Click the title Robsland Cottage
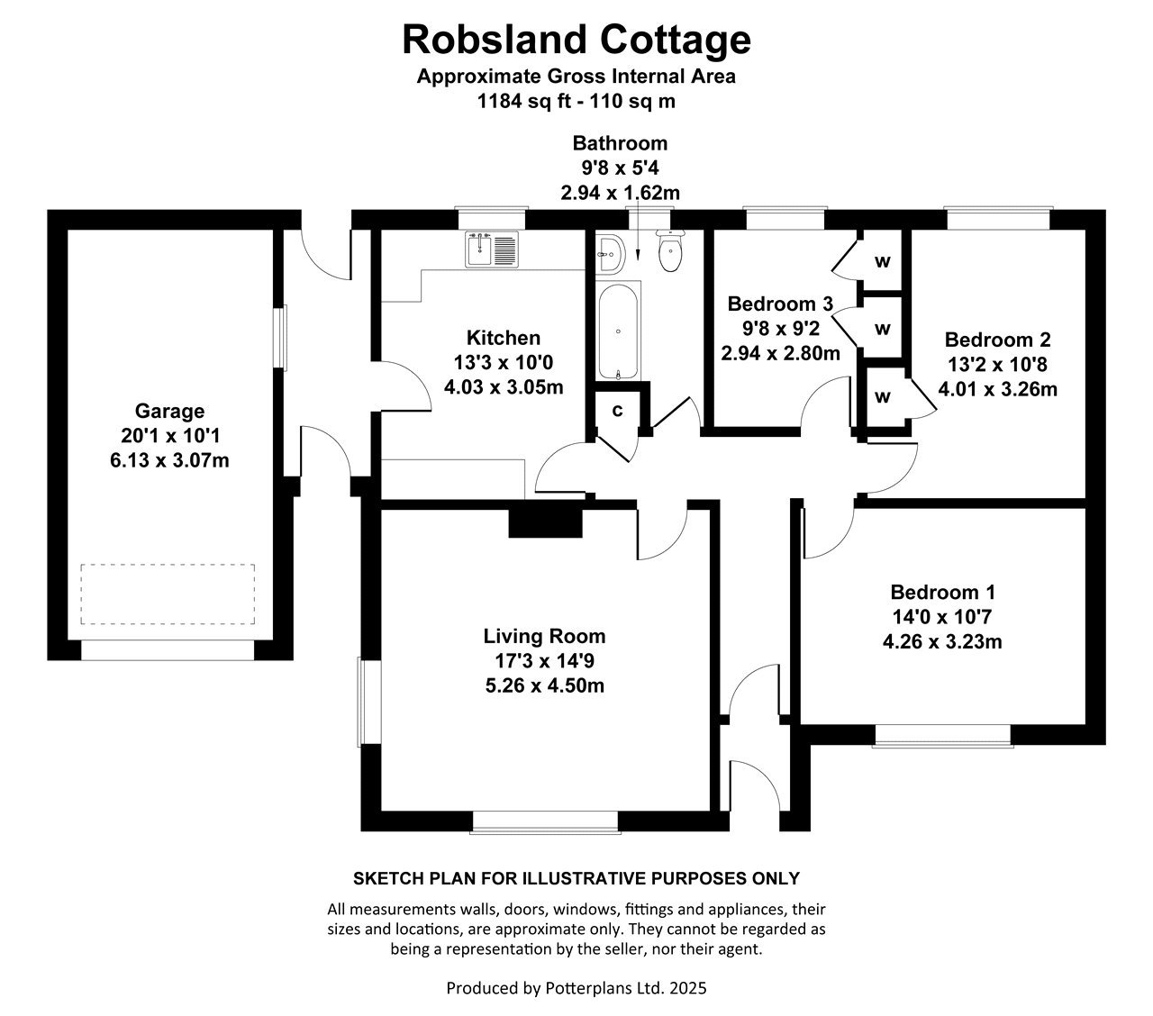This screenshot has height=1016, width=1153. click(576, 40)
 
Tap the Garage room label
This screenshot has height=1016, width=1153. click(169, 412)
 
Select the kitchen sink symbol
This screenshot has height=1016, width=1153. click(492, 249)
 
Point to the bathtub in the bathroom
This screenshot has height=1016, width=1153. click(619, 331)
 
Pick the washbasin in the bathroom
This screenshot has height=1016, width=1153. click(610, 255)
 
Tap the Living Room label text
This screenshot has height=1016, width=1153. click(543, 637)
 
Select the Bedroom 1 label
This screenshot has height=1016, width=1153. click(942, 593)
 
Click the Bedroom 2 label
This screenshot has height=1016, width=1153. click(997, 340)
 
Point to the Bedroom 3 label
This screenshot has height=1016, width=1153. click(780, 304)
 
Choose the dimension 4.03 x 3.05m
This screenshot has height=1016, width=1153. click(504, 388)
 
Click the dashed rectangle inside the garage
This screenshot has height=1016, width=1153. click(168, 594)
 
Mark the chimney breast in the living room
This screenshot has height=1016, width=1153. click(545, 523)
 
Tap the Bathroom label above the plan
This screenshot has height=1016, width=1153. click(620, 143)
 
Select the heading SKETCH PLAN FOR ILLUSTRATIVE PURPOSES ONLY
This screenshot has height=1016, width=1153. click(576, 878)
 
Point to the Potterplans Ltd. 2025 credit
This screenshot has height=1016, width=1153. click(576, 988)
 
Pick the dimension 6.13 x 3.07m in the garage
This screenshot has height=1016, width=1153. click(169, 458)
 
